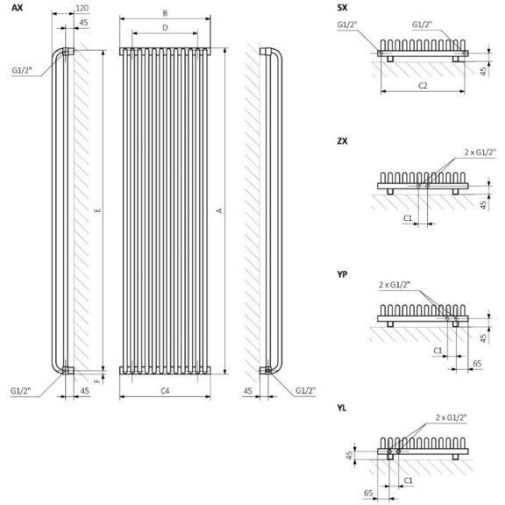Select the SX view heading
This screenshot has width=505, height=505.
343,8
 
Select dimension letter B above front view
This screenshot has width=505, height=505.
165,12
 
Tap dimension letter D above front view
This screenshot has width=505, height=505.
165,28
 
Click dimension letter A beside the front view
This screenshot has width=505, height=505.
220,210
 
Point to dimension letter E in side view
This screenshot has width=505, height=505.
97,210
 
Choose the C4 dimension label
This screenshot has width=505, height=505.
165,389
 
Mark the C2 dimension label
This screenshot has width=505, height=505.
422,85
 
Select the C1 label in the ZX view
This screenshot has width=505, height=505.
408,217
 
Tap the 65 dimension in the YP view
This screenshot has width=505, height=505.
476,361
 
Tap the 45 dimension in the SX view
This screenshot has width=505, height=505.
492,71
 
